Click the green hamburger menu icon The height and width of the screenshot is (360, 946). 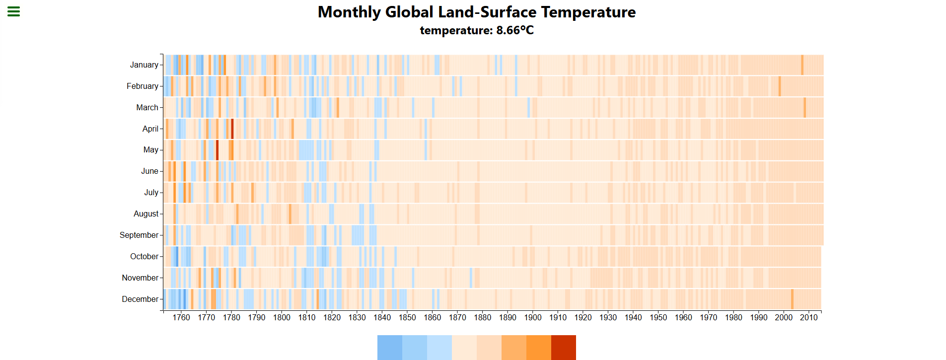tap(13, 11)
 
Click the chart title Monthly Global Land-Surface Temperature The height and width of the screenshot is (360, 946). tap(476, 12)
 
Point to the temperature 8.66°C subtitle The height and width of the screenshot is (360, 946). tap(476, 30)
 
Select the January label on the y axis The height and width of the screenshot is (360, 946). tap(144, 65)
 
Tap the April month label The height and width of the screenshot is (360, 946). tap(150, 129)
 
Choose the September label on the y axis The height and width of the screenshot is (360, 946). tap(139, 235)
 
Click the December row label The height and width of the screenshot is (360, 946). tap(140, 299)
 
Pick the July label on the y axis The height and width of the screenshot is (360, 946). tap(151, 192)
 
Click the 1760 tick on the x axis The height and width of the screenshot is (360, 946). tap(181, 318)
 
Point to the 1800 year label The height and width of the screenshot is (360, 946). tap(282, 318)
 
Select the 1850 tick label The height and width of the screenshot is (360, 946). tap(407, 318)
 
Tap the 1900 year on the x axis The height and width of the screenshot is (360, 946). tap(533, 318)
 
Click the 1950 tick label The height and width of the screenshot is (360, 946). tap(658, 318)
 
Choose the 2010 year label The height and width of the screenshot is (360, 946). tap(808, 318)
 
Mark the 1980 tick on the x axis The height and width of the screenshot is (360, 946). tap(733, 318)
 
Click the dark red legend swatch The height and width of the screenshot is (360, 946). tap(564, 347)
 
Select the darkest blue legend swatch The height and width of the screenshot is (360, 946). tap(390, 347)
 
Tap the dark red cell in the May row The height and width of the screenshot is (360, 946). tap(217, 150)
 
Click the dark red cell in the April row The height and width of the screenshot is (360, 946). tap(232, 129)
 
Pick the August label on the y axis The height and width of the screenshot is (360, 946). tap(146, 214)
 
